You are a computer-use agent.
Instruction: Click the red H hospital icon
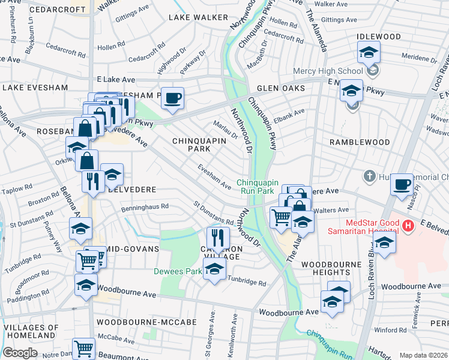click(409, 226)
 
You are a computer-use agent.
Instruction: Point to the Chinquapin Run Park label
click(264, 186)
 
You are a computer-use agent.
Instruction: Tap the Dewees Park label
click(178, 271)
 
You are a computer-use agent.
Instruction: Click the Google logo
click(20, 353)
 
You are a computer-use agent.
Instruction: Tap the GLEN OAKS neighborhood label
click(281, 88)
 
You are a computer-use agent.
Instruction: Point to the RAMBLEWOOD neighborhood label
click(360, 142)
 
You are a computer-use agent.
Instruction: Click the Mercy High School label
click(328, 71)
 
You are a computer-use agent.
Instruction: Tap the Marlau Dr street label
click(226, 129)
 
